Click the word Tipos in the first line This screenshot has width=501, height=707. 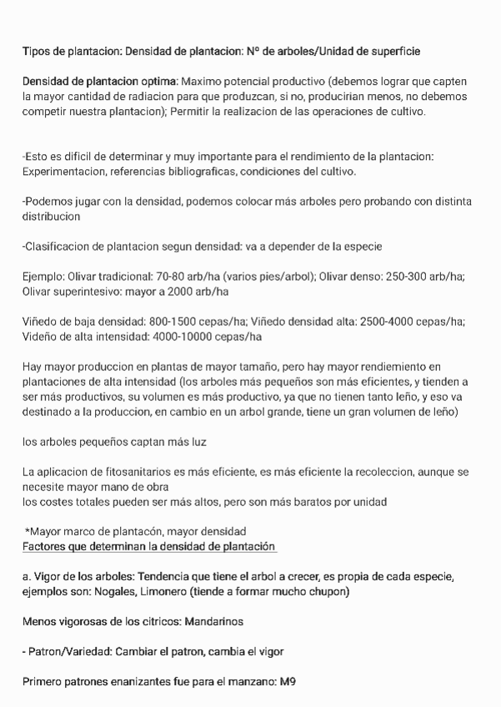[x=36, y=52]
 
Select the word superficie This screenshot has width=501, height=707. [x=393, y=52]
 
